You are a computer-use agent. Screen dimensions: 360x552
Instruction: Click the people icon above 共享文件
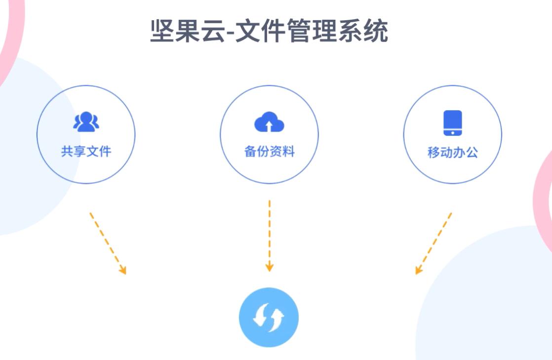point(86,122)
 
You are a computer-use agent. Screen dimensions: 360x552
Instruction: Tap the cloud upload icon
point(269,123)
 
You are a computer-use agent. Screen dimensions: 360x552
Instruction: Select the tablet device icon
point(452,123)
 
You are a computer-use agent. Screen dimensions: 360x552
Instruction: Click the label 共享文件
point(86,151)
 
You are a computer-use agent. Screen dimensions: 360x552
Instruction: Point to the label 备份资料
point(269,151)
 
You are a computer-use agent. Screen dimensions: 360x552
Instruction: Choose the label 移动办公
point(452,152)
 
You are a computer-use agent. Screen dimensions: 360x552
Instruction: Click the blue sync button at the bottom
point(269,318)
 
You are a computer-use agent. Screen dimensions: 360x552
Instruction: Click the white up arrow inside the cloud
point(269,126)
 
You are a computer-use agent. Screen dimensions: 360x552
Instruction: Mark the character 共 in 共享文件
point(67,151)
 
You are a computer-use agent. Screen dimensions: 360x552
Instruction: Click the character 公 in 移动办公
point(471,152)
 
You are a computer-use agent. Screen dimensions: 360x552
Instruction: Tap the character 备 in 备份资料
point(250,151)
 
